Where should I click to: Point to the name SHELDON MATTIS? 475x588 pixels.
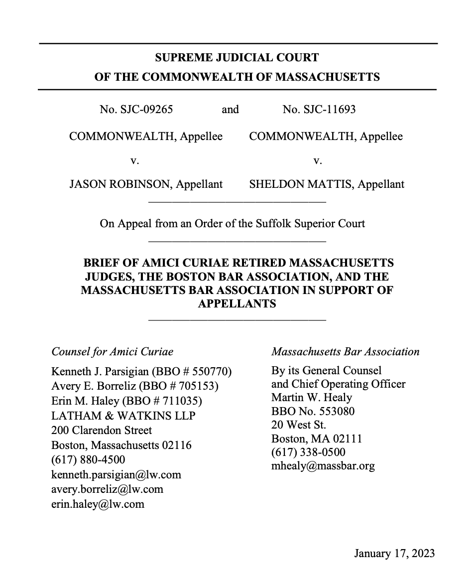[x=301, y=184]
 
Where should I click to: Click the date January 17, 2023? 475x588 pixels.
[x=394, y=554]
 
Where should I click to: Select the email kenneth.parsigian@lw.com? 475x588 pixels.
[x=116, y=474]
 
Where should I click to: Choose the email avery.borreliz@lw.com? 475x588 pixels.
[x=107, y=489]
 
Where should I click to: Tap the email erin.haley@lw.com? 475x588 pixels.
[x=98, y=504]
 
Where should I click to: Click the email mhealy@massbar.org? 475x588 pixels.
[x=323, y=466]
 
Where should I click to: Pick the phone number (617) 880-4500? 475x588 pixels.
[x=88, y=459]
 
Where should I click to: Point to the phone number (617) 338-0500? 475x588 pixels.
[x=308, y=452]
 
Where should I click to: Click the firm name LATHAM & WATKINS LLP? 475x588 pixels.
[x=123, y=416]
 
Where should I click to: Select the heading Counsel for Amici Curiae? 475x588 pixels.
[x=113, y=352]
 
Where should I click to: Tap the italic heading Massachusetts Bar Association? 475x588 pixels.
[x=345, y=352]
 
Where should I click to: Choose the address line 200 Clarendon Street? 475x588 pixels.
[x=102, y=430]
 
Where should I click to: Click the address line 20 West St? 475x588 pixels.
[x=298, y=426]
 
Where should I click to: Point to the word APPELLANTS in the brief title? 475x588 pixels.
[x=237, y=303]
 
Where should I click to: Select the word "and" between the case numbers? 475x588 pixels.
[x=230, y=110]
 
